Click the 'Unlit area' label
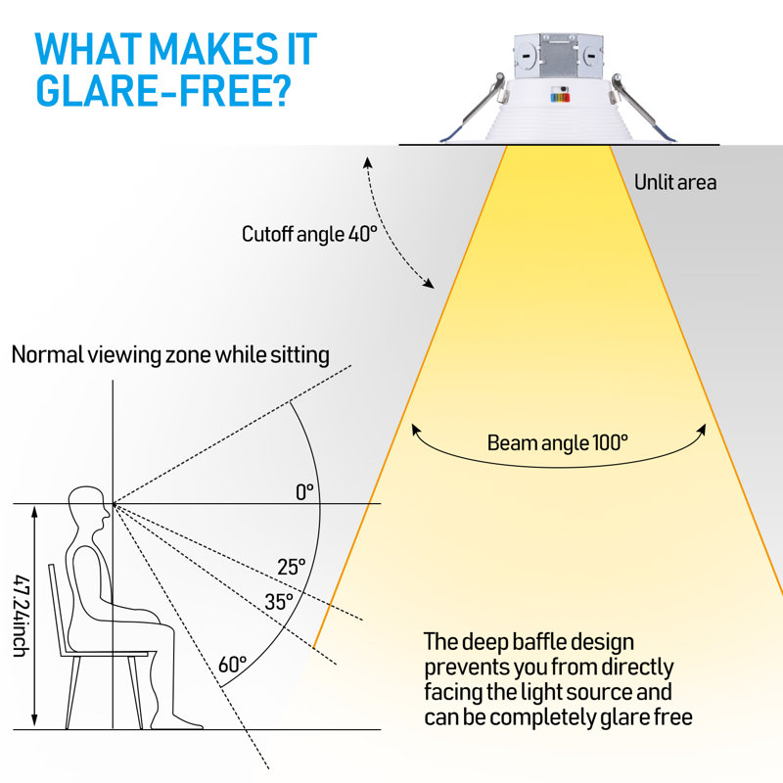click(675, 182)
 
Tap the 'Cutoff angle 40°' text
click(309, 234)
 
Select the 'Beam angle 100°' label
click(557, 442)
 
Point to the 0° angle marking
click(304, 492)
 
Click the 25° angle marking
click(291, 567)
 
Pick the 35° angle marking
click(279, 602)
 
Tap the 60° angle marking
click(232, 665)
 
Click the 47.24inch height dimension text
click(22, 616)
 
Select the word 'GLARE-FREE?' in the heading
click(163, 90)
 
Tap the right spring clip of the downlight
click(643, 108)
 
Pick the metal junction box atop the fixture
click(558, 56)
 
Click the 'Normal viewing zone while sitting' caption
click(170, 355)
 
